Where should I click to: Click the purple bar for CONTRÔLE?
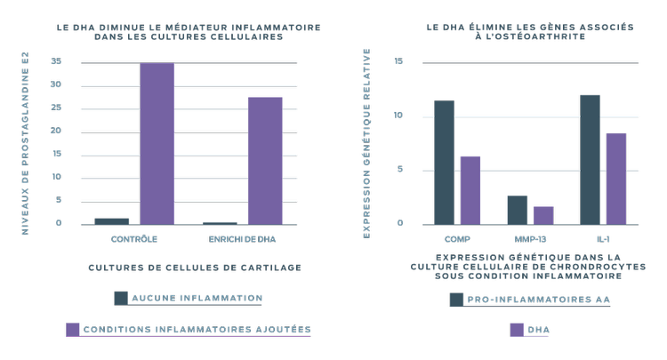(157, 143)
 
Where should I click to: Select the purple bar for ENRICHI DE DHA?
(265, 160)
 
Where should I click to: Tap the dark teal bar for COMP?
(444, 162)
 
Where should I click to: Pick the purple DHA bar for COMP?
(470, 189)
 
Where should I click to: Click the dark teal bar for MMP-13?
(517, 209)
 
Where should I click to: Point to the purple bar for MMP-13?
(543, 214)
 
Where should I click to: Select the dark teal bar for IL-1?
(590, 159)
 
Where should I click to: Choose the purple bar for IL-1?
(616, 178)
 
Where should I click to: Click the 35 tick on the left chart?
(56, 61)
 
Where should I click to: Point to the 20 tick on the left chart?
(56, 131)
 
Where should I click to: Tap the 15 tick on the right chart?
(398, 62)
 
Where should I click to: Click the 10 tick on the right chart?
(398, 116)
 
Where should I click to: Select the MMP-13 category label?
(530, 239)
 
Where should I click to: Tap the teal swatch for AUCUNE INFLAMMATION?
(122, 299)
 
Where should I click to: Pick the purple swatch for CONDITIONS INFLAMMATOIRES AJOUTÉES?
(73, 329)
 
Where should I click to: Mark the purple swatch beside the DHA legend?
(517, 330)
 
